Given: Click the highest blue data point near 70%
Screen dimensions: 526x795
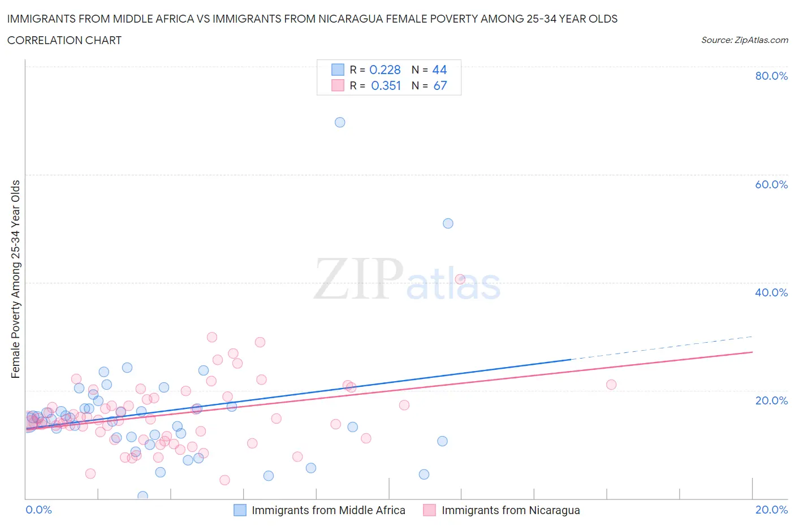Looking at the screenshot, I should coord(340,122).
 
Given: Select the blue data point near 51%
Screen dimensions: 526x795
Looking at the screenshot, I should coord(448,223).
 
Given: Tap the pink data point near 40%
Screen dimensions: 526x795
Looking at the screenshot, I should coord(460,279).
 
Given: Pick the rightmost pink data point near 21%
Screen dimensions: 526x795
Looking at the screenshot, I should coord(611,385).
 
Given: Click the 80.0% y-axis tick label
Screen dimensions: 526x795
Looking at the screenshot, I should coord(771,76).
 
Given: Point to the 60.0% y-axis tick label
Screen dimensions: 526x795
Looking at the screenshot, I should coord(771,184).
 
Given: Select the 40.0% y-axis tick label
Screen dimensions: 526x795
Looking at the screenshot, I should coord(771,292).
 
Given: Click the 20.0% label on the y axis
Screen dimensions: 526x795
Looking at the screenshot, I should coord(771,400).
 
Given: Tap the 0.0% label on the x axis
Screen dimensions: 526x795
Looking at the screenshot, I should coord(39,510).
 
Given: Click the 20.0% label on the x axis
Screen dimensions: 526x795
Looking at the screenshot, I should coord(771,510).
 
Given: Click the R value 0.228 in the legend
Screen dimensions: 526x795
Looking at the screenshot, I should coord(385,70).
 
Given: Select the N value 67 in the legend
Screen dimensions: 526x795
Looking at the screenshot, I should coord(440,85).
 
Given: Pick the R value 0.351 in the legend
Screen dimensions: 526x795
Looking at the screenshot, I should coord(386,85).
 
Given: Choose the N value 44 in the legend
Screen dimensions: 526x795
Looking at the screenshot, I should coord(439,70).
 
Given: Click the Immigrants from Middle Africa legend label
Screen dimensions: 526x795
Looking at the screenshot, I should coord(328,510).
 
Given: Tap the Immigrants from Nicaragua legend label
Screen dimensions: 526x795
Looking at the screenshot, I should coord(511,510).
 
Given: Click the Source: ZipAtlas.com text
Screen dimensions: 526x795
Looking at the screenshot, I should coord(744,40).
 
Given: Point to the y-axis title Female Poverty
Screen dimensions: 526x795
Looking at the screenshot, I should coord(15,279).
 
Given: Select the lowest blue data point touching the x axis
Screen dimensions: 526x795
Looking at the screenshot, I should coord(142,496).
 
